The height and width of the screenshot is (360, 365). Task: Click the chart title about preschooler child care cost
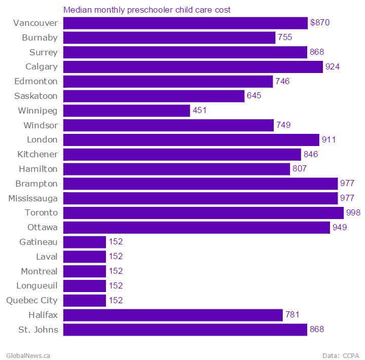(147, 10)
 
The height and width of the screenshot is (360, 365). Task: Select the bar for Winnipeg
(126, 111)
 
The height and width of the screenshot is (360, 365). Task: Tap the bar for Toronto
(203, 213)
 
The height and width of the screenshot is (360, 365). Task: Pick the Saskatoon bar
(154, 96)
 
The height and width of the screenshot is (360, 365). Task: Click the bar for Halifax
(173, 315)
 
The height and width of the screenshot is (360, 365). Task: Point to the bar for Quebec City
(85, 301)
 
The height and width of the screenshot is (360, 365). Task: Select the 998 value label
(353, 213)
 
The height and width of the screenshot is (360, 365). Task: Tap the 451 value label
(200, 111)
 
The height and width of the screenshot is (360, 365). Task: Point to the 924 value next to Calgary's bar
(333, 67)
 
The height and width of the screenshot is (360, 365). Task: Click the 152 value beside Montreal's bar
(116, 271)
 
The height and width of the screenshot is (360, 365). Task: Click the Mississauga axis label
(33, 198)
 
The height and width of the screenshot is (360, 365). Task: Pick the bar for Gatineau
(85, 242)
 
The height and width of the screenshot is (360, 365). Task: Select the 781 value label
(293, 315)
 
